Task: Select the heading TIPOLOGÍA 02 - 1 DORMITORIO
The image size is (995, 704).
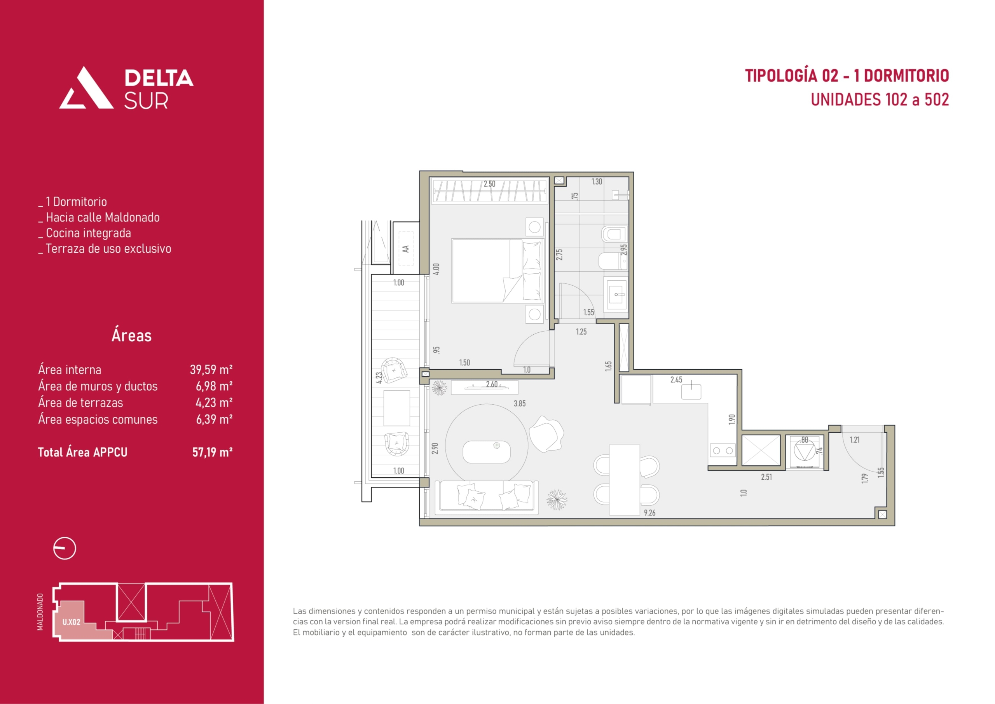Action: pyautogui.click(x=847, y=75)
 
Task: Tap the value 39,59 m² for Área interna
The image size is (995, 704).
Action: pyautogui.click(x=211, y=369)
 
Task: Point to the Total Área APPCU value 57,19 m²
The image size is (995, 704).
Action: pyautogui.click(x=212, y=452)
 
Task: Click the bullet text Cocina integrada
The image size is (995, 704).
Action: pyautogui.click(x=88, y=233)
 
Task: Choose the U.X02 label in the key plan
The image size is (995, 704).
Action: pyautogui.click(x=72, y=622)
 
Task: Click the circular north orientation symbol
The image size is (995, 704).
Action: pyautogui.click(x=65, y=549)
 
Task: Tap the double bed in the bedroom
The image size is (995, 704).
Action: pyautogui.click(x=497, y=271)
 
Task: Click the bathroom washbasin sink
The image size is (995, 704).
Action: pyautogui.click(x=616, y=295)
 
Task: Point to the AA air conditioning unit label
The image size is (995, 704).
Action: pyautogui.click(x=406, y=249)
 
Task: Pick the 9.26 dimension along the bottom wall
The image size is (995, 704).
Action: pyautogui.click(x=649, y=513)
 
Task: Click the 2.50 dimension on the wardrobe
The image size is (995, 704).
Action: pyautogui.click(x=489, y=184)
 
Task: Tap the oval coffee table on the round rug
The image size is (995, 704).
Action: pyautogui.click(x=486, y=452)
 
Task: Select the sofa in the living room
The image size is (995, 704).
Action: pyautogui.click(x=487, y=497)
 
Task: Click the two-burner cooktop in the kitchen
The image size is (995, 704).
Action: pyautogui.click(x=723, y=451)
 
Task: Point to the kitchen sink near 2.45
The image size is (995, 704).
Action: pyautogui.click(x=691, y=391)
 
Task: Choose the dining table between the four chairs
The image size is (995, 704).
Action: pyautogui.click(x=625, y=480)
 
